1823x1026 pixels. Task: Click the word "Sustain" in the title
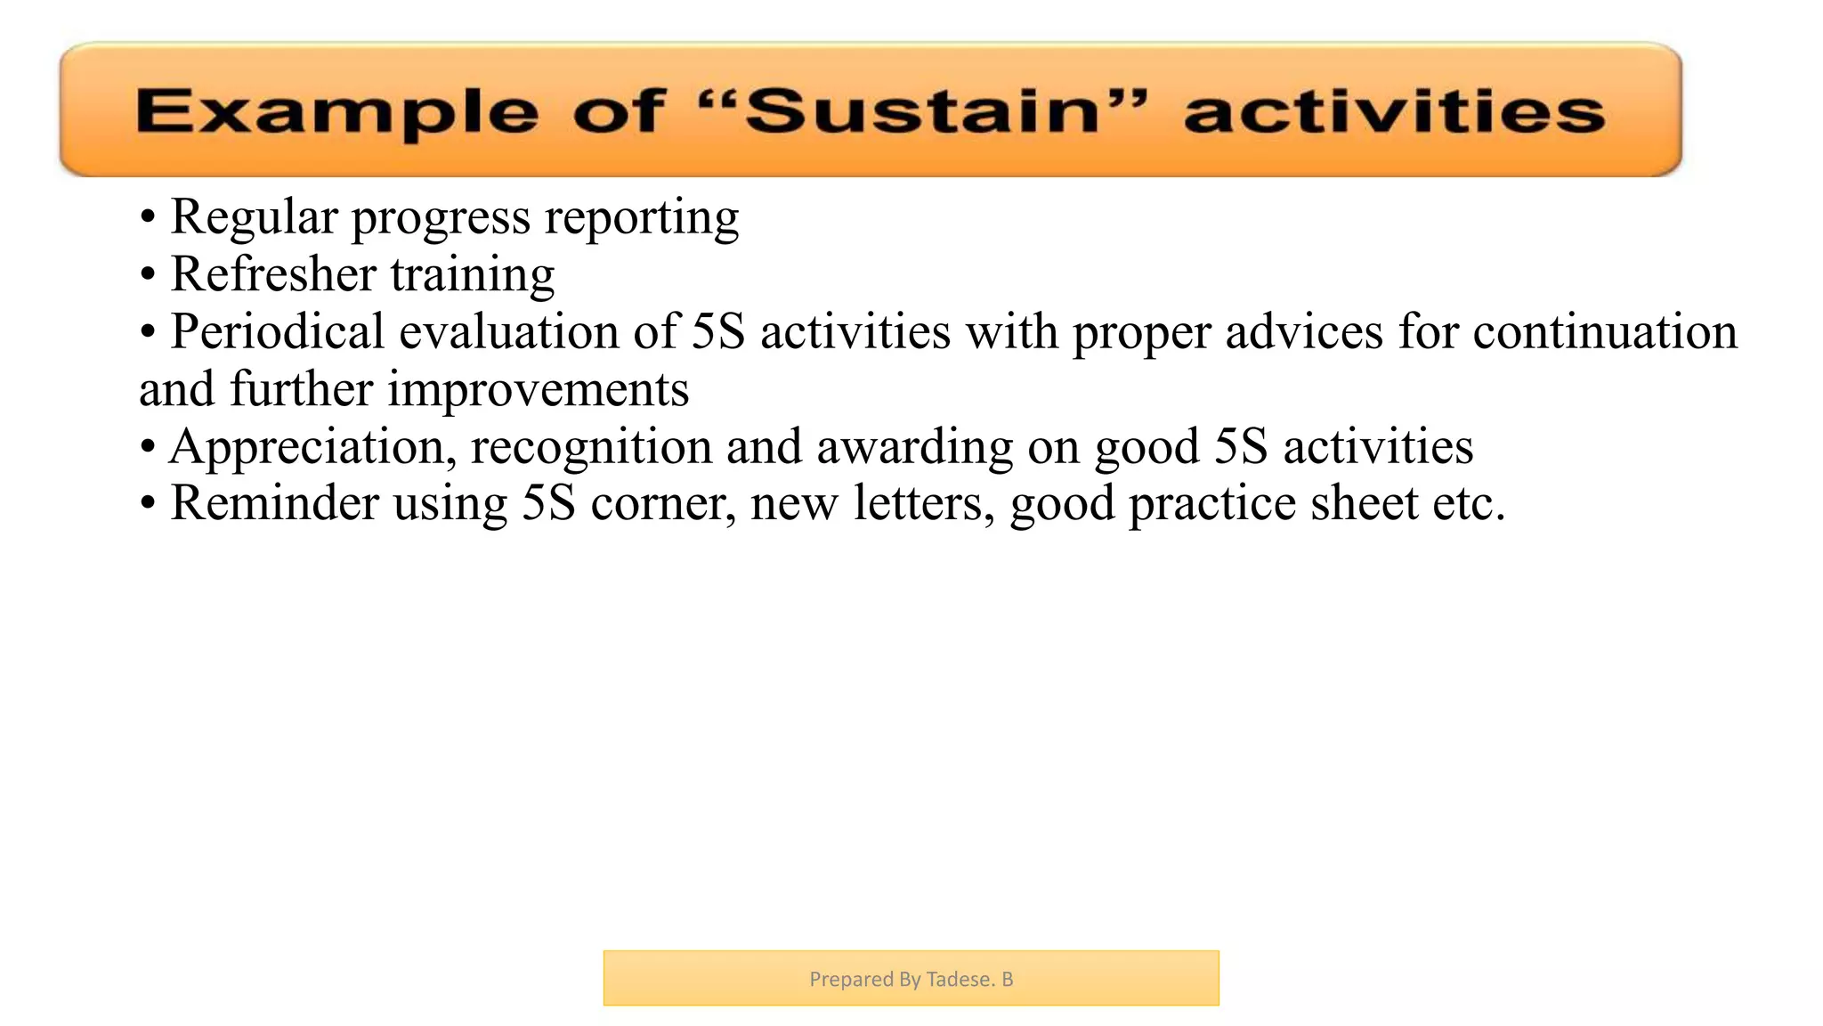[x=922, y=112]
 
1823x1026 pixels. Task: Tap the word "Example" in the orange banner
[x=337, y=113]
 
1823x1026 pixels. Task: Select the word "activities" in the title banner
[x=1394, y=113]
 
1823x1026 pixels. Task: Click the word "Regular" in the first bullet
[x=255, y=217]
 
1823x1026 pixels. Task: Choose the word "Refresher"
[x=273, y=274]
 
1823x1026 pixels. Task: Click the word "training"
[x=473, y=274]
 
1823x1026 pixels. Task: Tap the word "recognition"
[x=591, y=447]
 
